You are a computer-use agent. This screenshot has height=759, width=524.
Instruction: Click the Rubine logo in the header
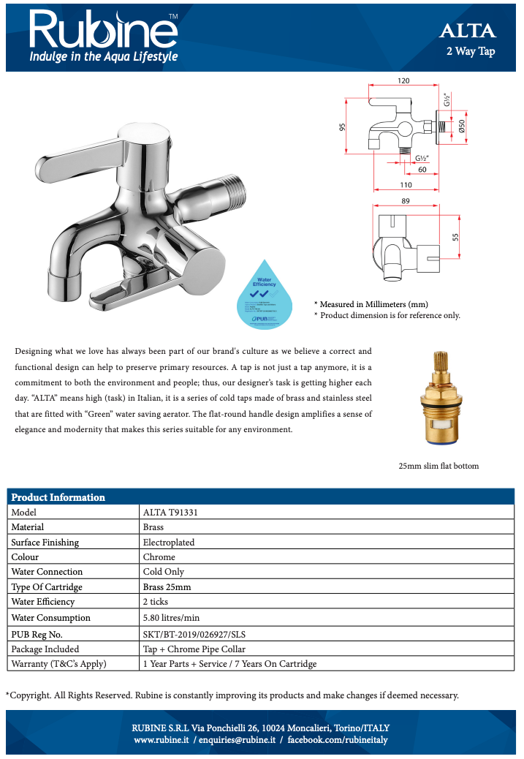coord(103,30)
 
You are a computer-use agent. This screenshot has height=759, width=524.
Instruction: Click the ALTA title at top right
coord(467,31)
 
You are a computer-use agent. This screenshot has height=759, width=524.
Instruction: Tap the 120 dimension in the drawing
coord(403,80)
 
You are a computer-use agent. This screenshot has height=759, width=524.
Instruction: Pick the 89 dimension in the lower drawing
coord(406,201)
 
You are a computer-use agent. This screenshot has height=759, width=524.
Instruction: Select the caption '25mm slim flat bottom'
coord(438,466)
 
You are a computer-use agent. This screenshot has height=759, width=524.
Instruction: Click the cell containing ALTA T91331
coord(170,512)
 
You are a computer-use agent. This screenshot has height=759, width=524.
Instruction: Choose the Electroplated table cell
coord(168,542)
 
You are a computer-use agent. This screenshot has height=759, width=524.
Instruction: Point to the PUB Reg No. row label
coord(37,633)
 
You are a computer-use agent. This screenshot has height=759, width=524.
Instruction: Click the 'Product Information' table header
coord(58,497)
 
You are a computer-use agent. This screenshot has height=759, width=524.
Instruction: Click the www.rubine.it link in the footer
coord(162,740)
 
